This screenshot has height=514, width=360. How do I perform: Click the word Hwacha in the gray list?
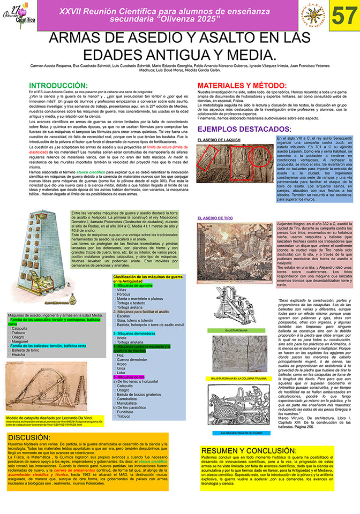coord(19,354)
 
